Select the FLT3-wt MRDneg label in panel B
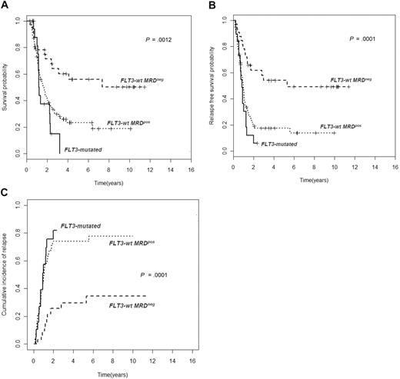tap(358, 80)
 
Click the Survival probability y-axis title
tap(7, 87)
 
